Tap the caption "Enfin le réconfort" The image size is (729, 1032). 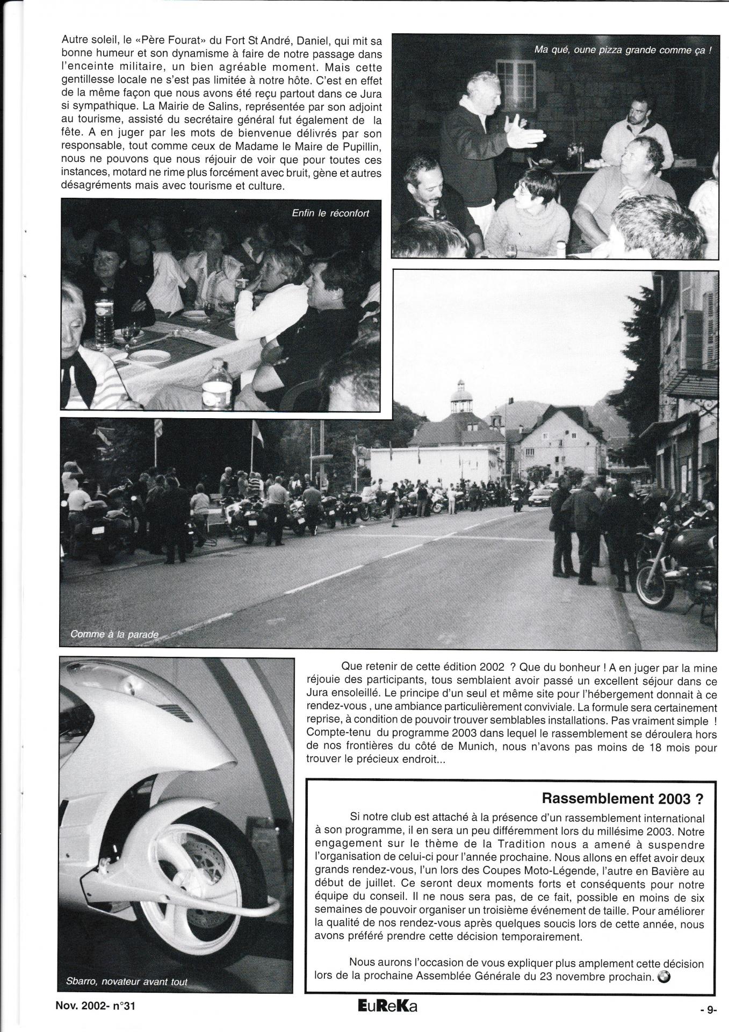tap(330, 213)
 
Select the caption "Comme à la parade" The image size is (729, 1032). tap(114, 634)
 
